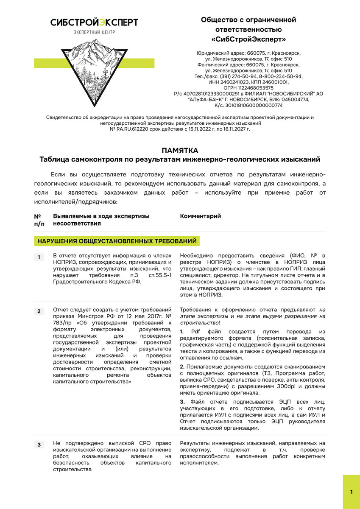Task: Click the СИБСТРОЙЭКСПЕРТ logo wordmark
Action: [94, 22]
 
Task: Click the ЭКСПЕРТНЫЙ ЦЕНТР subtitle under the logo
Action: [94, 32]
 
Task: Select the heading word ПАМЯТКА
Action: [180, 150]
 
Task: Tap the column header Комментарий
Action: [201, 216]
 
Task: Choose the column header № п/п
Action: [39, 220]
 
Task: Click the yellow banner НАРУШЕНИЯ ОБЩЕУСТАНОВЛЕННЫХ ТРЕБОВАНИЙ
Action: [117, 241]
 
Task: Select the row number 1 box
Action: [39, 257]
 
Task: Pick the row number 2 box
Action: [39, 311]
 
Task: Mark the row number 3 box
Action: [39, 445]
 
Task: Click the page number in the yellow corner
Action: [352, 492]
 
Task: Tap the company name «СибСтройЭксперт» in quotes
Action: [248, 39]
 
